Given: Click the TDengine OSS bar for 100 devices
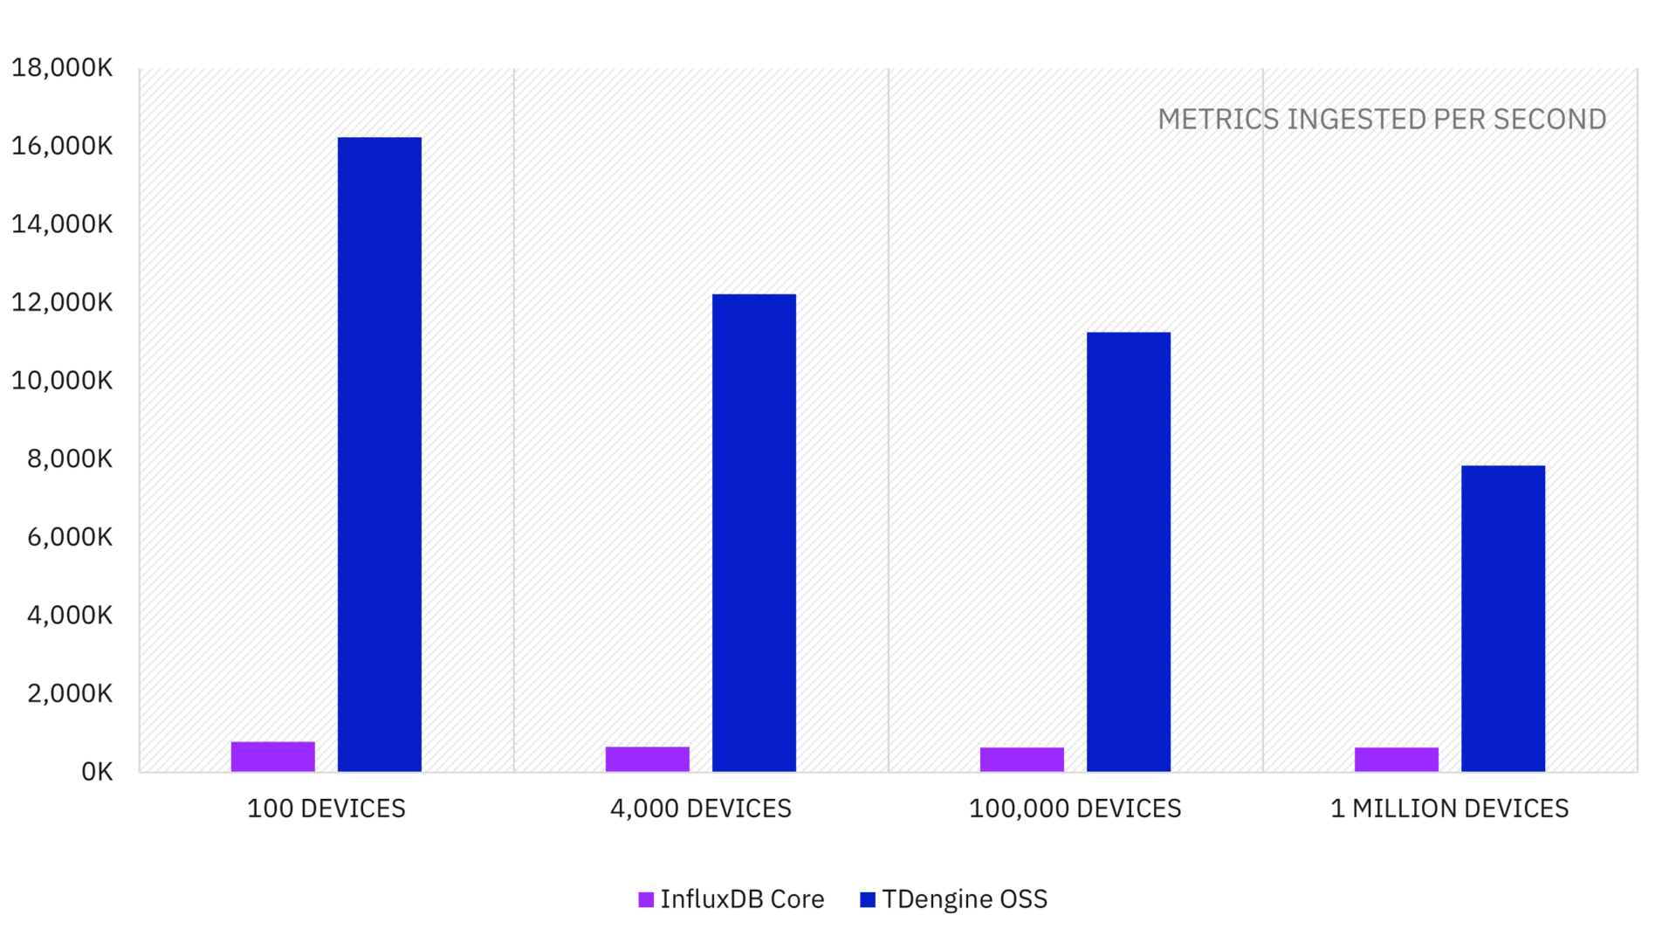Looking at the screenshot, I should (379, 454).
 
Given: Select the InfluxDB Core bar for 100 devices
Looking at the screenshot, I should (272, 756).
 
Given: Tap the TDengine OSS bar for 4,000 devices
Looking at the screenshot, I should (753, 533).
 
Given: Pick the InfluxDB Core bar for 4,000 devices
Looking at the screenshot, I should (647, 759).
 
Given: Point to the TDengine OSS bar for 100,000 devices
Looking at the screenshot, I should (1128, 552).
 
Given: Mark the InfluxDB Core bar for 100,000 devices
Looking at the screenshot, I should (1021, 759).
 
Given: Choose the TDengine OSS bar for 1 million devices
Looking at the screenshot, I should (1502, 618).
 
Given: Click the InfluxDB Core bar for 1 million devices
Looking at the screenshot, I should (1396, 759).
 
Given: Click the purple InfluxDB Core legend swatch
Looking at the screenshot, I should (646, 899).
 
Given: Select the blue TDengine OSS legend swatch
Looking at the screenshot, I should (868, 899).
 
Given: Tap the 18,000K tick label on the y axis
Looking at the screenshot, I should (62, 67).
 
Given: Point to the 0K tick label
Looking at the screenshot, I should (97, 772).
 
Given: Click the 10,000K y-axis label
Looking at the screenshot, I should (62, 381).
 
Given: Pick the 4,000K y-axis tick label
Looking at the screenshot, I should (70, 616).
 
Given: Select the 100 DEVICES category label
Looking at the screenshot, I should (326, 809).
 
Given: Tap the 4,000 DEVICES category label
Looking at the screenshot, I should (701, 809).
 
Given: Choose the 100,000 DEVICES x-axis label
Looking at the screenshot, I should (1075, 809).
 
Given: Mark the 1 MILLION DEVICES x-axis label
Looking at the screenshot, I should (1449, 809).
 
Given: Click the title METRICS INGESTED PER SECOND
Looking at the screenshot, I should (1382, 120).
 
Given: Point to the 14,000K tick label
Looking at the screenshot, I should (62, 224).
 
